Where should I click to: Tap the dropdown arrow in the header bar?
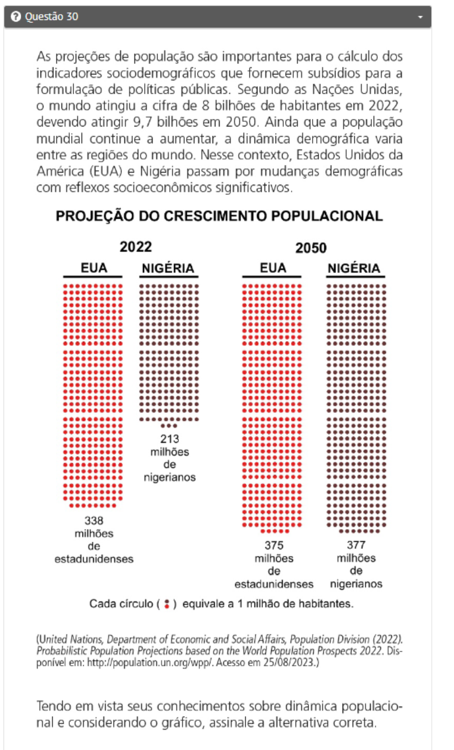pyautogui.click(x=420, y=18)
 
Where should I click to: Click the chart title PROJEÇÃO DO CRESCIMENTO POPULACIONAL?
pyautogui.click(x=219, y=216)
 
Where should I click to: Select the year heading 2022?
pyautogui.click(x=135, y=247)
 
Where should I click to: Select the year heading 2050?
pyautogui.click(x=311, y=247)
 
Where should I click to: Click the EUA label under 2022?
pyautogui.click(x=94, y=268)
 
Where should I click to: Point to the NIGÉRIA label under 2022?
pyautogui.click(x=168, y=268)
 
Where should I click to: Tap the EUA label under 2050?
pyautogui.click(x=273, y=268)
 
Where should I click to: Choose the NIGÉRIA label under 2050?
pyautogui.click(x=354, y=268)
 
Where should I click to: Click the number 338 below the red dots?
pyautogui.click(x=94, y=520)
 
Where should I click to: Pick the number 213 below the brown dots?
pyautogui.click(x=170, y=439)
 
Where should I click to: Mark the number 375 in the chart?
pyautogui.click(x=274, y=545)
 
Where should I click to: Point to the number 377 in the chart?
pyautogui.click(x=356, y=545)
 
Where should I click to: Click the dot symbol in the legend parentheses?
pyautogui.click(x=167, y=603)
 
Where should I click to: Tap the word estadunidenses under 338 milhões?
pyautogui.click(x=94, y=559)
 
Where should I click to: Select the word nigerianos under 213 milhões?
pyautogui.click(x=170, y=477)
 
